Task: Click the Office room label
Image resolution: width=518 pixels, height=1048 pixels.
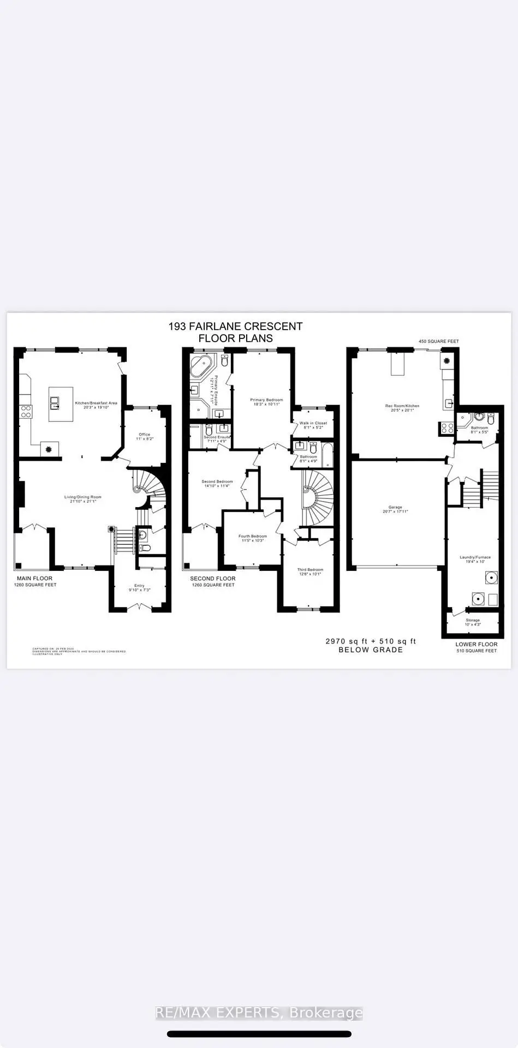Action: (x=144, y=434)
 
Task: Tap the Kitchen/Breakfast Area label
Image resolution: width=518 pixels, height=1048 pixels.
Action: (x=96, y=403)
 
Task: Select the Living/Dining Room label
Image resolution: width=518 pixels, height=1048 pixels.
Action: (x=83, y=497)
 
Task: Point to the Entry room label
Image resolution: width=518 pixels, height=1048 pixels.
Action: (x=139, y=586)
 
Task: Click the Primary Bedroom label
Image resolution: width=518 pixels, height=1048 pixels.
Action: (x=266, y=400)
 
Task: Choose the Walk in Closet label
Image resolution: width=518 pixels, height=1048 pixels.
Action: (x=313, y=423)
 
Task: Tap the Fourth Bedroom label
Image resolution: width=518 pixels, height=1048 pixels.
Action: (x=252, y=537)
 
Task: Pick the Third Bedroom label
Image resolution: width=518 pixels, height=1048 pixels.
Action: (x=310, y=570)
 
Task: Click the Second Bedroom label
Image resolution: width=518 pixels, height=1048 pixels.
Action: (x=217, y=482)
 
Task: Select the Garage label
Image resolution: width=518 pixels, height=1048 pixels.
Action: (x=395, y=508)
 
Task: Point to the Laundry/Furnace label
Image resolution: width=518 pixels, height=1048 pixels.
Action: (x=475, y=557)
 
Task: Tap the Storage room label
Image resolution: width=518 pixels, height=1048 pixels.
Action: (x=473, y=620)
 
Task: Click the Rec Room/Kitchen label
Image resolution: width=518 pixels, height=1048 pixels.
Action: (x=402, y=406)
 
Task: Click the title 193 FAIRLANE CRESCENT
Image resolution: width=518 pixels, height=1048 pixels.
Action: (x=235, y=326)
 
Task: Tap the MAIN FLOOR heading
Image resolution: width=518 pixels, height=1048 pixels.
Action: (x=34, y=579)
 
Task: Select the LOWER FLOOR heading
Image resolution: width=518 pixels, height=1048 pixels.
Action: (x=477, y=644)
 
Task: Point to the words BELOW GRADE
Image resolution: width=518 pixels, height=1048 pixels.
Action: (x=371, y=650)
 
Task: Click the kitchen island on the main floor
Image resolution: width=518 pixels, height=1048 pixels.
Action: (x=61, y=404)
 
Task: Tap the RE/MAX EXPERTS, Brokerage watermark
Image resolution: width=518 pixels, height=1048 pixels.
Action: (x=259, y=1013)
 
